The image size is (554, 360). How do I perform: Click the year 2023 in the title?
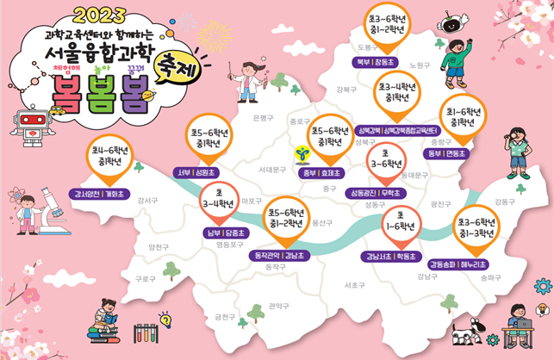pyautogui.click(x=102, y=15)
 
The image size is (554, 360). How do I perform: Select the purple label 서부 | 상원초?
pyautogui.click(x=197, y=171)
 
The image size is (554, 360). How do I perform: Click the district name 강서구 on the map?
pyautogui.click(x=146, y=200)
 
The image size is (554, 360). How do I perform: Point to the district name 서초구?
pyautogui.click(x=355, y=284)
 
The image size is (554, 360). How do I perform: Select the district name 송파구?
pyautogui.click(x=491, y=277)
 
